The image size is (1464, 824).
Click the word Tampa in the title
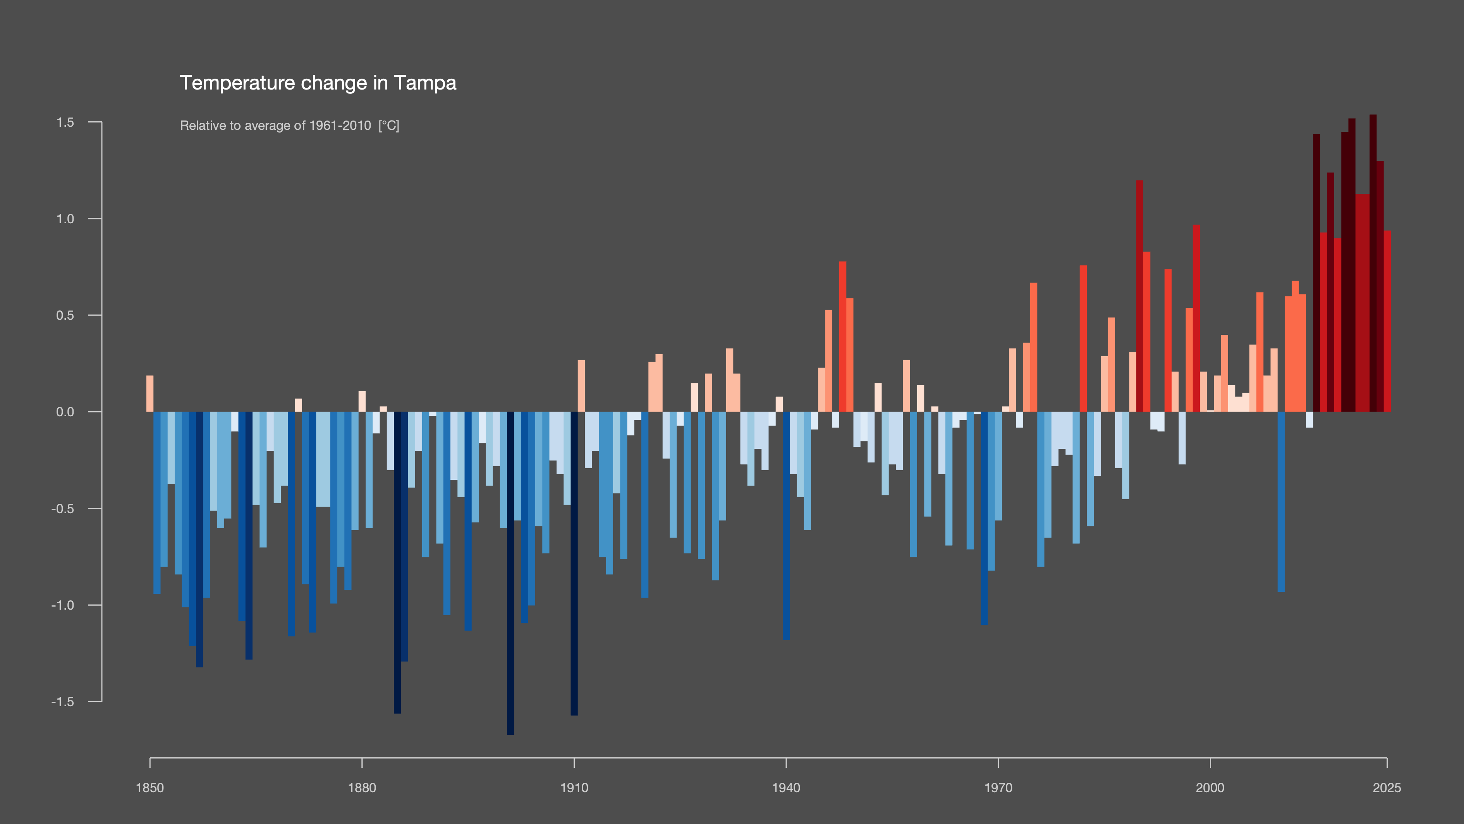tap(425, 83)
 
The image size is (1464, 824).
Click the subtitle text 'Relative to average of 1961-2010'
tap(276, 126)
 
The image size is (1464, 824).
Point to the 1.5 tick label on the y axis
tap(65, 122)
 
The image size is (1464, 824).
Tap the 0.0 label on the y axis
tap(65, 412)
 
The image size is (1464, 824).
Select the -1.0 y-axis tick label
tap(62, 605)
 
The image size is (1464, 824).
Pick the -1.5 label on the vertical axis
tap(62, 702)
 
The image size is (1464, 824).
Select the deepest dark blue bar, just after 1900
tap(510, 573)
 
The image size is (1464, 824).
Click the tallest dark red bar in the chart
tap(1373, 263)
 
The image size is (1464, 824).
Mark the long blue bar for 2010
tap(1281, 502)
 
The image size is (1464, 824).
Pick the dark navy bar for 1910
tap(574, 564)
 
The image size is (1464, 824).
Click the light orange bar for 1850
tap(150, 393)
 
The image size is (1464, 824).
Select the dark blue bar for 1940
tap(786, 526)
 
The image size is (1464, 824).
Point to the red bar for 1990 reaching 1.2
tap(1139, 296)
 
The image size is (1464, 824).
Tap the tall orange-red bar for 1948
tap(843, 337)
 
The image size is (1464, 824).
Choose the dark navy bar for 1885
tap(397, 562)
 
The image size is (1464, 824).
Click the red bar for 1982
tap(1083, 338)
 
